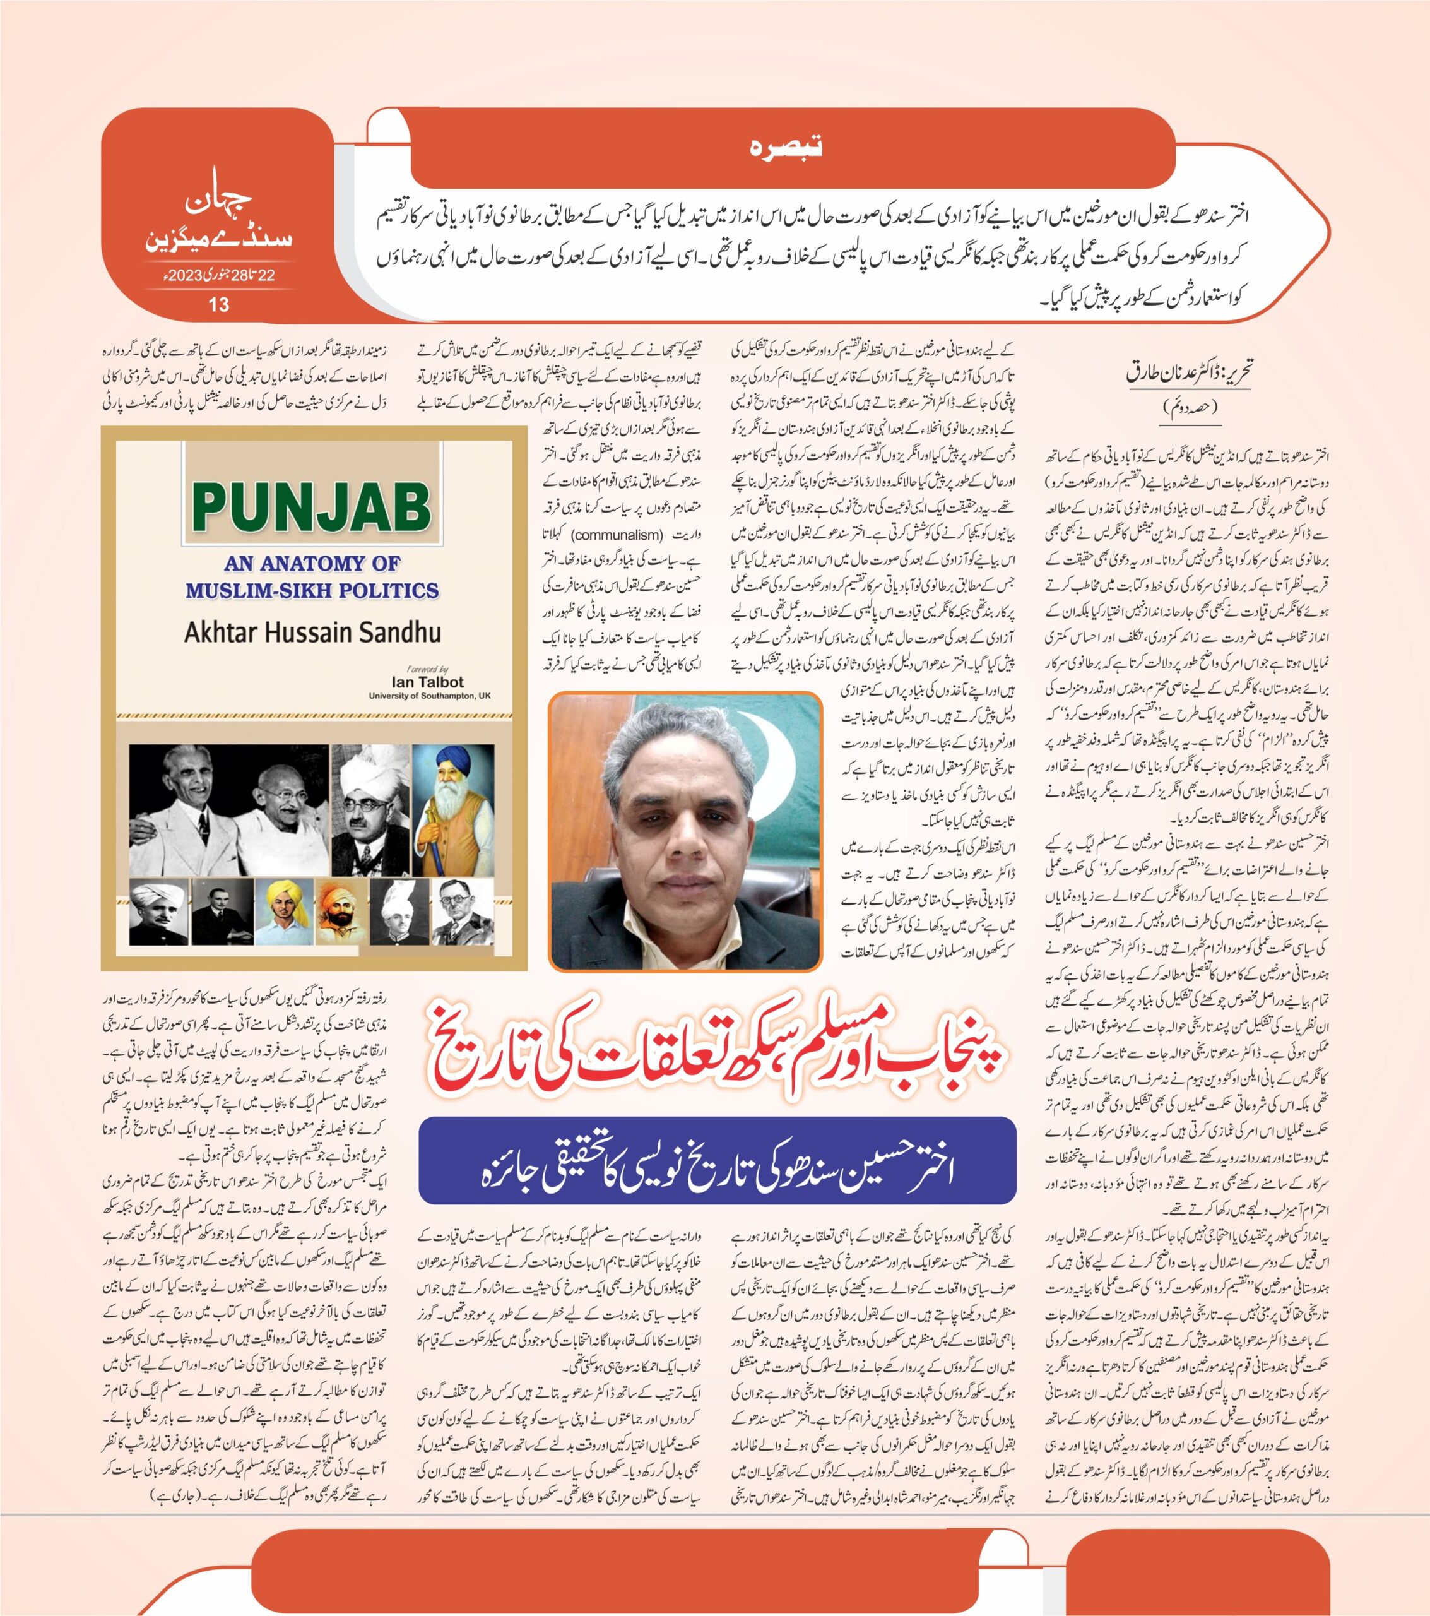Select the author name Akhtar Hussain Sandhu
312,633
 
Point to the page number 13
218,304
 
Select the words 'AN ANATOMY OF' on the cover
312,563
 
